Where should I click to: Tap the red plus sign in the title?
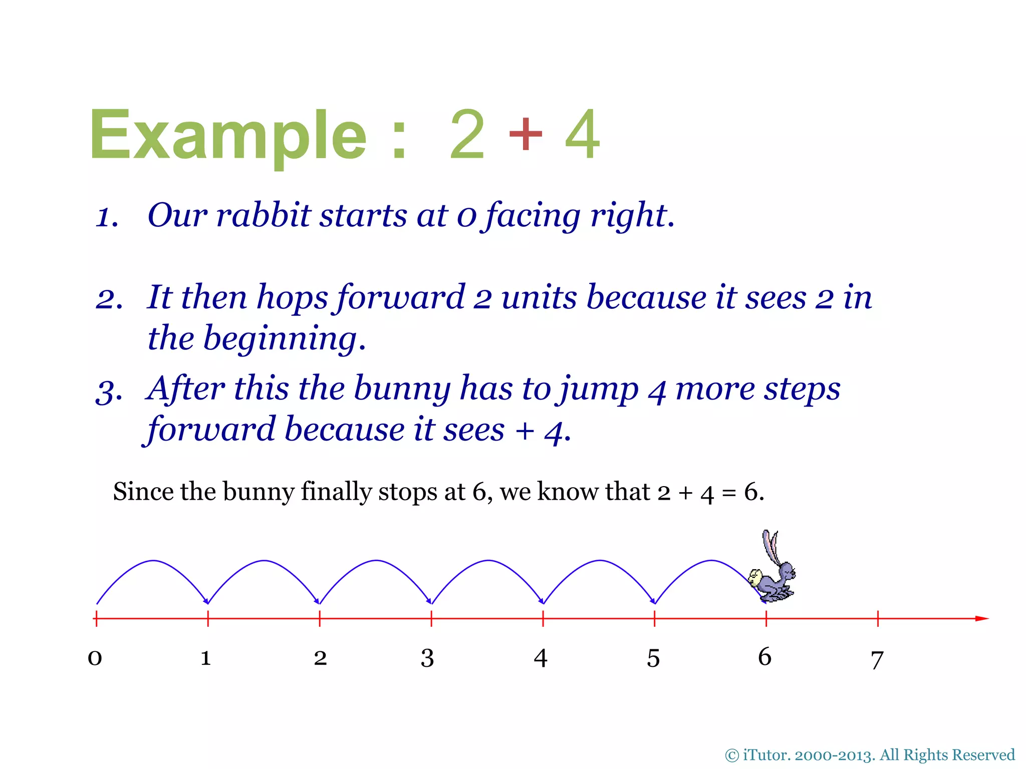(525, 133)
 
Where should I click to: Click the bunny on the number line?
(773, 576)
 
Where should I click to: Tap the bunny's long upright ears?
(771, 546)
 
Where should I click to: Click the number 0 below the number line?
(95, 657)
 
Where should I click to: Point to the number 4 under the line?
(540, 658)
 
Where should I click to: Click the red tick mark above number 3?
(431, 619)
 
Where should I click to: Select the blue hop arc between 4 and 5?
(599, 561)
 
